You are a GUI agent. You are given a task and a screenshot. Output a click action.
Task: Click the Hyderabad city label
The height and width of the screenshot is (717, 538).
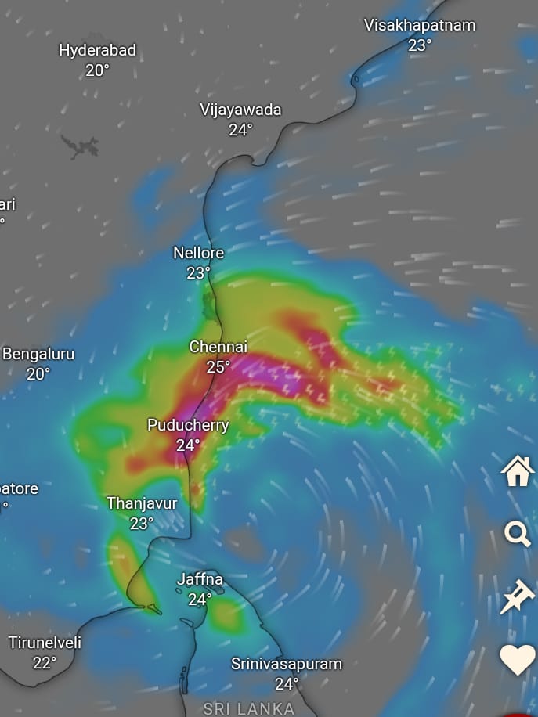coord(97,50)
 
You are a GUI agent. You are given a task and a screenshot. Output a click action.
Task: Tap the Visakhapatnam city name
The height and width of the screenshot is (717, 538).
coord(420,25)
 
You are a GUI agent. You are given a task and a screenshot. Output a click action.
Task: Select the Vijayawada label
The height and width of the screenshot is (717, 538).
coord(240,110)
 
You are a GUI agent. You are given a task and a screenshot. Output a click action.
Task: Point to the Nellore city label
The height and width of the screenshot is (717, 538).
coord(198,253)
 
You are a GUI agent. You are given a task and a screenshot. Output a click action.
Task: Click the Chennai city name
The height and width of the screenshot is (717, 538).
coord(218,346)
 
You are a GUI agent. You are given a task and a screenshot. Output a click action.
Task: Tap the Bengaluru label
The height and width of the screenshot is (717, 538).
coord(38,354)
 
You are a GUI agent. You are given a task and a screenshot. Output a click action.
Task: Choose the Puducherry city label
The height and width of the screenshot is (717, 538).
coord(188,425)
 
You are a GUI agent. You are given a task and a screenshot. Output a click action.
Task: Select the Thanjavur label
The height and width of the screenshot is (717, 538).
coord(142,503)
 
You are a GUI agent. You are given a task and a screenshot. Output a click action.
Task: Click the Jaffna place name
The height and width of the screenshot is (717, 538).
coord(200,580)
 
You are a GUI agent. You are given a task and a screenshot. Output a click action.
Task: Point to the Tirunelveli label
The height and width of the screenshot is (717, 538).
coord(45,643)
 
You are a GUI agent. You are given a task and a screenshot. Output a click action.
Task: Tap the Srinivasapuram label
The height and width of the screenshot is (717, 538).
coord(286,664)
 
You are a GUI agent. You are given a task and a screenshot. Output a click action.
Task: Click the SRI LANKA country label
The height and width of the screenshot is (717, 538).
coord(249,709)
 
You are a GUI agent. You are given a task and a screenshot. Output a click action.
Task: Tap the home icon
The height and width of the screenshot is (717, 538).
coord(518,472)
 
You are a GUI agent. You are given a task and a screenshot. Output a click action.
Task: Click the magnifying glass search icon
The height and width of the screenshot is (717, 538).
coord(518,535)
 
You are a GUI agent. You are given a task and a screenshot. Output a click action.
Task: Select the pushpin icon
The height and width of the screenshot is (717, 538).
coord(518,599)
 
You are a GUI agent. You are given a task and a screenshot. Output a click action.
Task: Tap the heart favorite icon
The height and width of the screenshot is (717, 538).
coord(518,660)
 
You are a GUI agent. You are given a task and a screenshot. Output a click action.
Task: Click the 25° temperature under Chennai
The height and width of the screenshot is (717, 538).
coord(218,366)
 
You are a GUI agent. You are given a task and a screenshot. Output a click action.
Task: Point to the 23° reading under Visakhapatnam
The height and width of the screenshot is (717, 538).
coord(420,45)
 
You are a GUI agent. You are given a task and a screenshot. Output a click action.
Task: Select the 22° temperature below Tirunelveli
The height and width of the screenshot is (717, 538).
coord(45,663)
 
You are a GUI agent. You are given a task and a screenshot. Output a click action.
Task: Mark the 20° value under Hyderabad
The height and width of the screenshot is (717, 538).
coord(97,70)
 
